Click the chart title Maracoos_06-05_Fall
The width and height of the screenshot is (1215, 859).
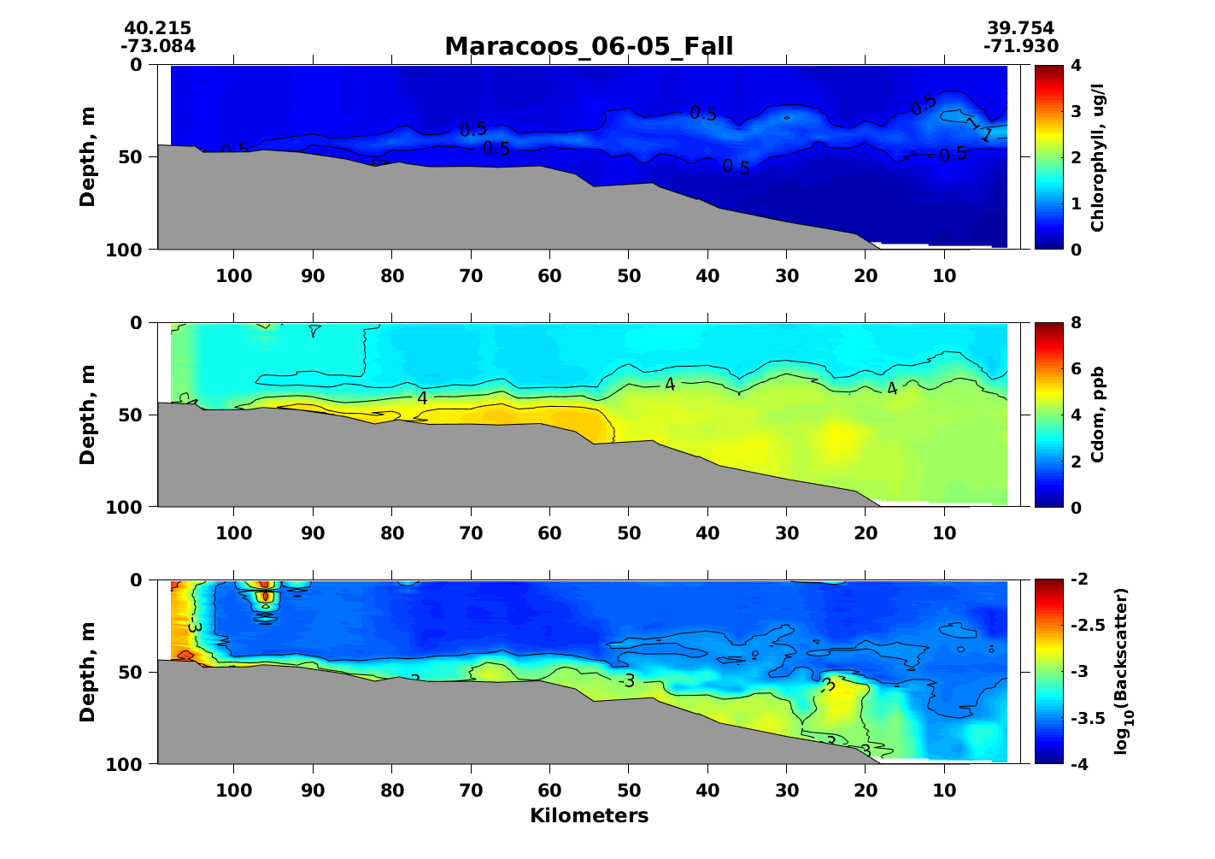589,46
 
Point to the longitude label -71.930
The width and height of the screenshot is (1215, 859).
1020,46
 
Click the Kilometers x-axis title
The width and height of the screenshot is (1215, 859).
589,815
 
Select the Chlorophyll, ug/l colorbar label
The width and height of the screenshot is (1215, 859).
1098,157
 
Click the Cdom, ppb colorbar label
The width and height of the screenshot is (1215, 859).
1098,415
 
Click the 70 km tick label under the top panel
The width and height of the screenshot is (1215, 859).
471,275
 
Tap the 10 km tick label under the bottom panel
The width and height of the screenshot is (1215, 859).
944,790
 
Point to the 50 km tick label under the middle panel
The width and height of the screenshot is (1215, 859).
629,533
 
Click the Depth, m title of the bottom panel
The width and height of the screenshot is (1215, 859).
87,672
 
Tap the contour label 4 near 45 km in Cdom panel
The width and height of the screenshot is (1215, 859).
670,385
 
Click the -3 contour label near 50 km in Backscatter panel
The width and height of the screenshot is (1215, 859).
627,681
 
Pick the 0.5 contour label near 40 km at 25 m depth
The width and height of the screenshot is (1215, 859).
703,114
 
